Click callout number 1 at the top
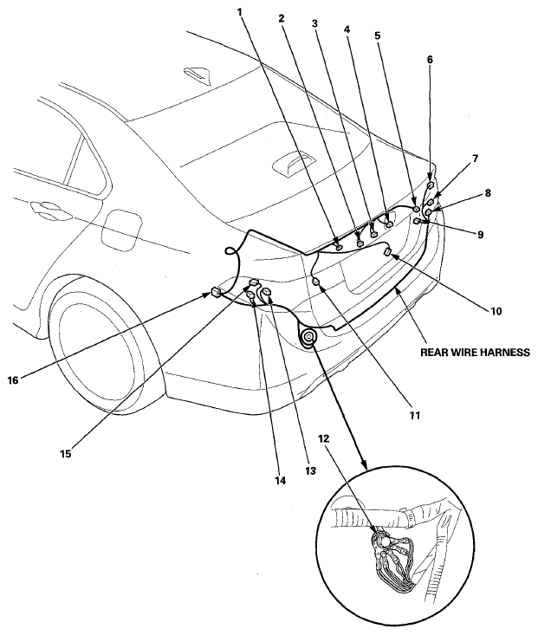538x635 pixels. pyautogui.click(x=240, y=12)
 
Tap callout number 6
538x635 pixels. pyautogui.click(x=430, y=60)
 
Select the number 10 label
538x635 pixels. pyautogui.click(x=496, y=311)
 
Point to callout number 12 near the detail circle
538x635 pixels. pyautogui.click(x=324, y=438)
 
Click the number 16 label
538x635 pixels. pyautogui.click(x=13, y=380)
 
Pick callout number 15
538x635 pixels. pyautogui.click(x=66, y=454)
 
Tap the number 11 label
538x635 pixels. pyautogui.click(x=415, y=415)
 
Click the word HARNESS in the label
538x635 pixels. pyautogui.click(x=503, y=353)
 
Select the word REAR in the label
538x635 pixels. pyautogui.click(x=433, y=353)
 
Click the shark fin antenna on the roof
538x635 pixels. pyautogui.click(x=198, y=75)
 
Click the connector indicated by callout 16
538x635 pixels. pyautogui.click(x=216, y=292)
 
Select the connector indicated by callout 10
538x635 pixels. pyautogui.click(x=387, y=252)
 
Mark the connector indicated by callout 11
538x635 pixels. pyautogui.click(x=316, y=281)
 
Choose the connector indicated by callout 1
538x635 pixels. pyautogui.click(x=339, y=247)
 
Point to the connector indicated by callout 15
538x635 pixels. pyautogui.click(x=254, y=282)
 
